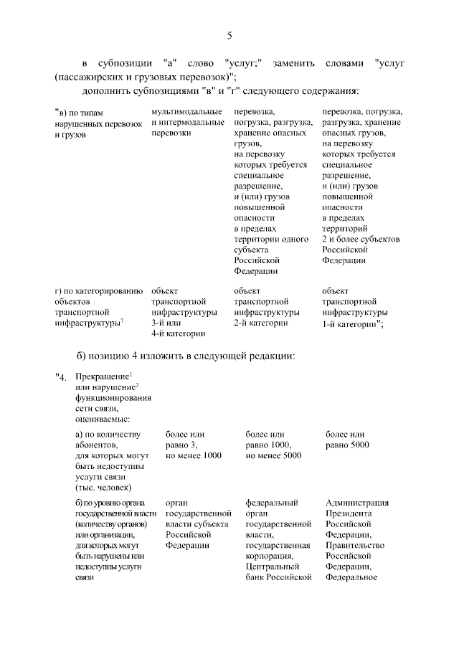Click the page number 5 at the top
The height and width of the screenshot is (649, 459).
(229, 36)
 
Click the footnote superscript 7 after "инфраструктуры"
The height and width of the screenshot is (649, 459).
(123, 321)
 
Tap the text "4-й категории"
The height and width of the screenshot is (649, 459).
(178, 333)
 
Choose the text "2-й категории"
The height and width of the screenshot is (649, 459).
(261, 323)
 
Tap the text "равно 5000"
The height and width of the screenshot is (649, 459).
(347, 445)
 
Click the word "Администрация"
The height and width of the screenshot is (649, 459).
(357, 503)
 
